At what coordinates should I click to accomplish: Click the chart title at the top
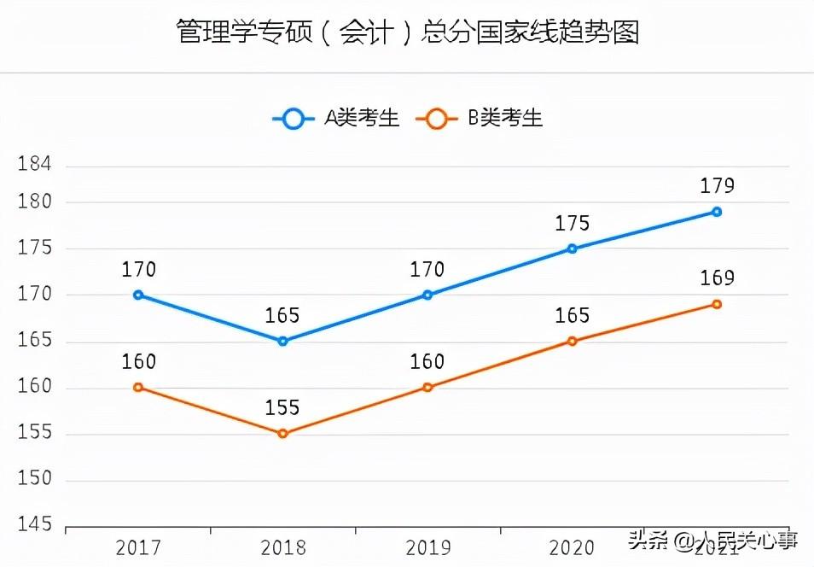[407, 32]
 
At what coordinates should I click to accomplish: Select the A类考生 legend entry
[336, 119]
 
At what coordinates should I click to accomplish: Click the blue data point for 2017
[138, 295]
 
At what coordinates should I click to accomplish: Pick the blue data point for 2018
[282, 341]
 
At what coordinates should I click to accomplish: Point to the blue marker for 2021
[717, 212]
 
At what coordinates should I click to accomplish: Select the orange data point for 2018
[282, 434]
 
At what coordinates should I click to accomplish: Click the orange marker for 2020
[572, 342]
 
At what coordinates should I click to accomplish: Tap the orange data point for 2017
[138, 388]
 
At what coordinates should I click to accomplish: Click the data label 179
[717, 186]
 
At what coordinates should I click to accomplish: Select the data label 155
[282, 408]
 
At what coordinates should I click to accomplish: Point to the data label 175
[572, 224]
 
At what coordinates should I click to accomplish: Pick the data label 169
[717, 278]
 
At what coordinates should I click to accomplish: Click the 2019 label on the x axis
[427, 547]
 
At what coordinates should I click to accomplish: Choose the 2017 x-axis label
[138, 547]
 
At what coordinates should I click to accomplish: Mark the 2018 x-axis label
[282, 547]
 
